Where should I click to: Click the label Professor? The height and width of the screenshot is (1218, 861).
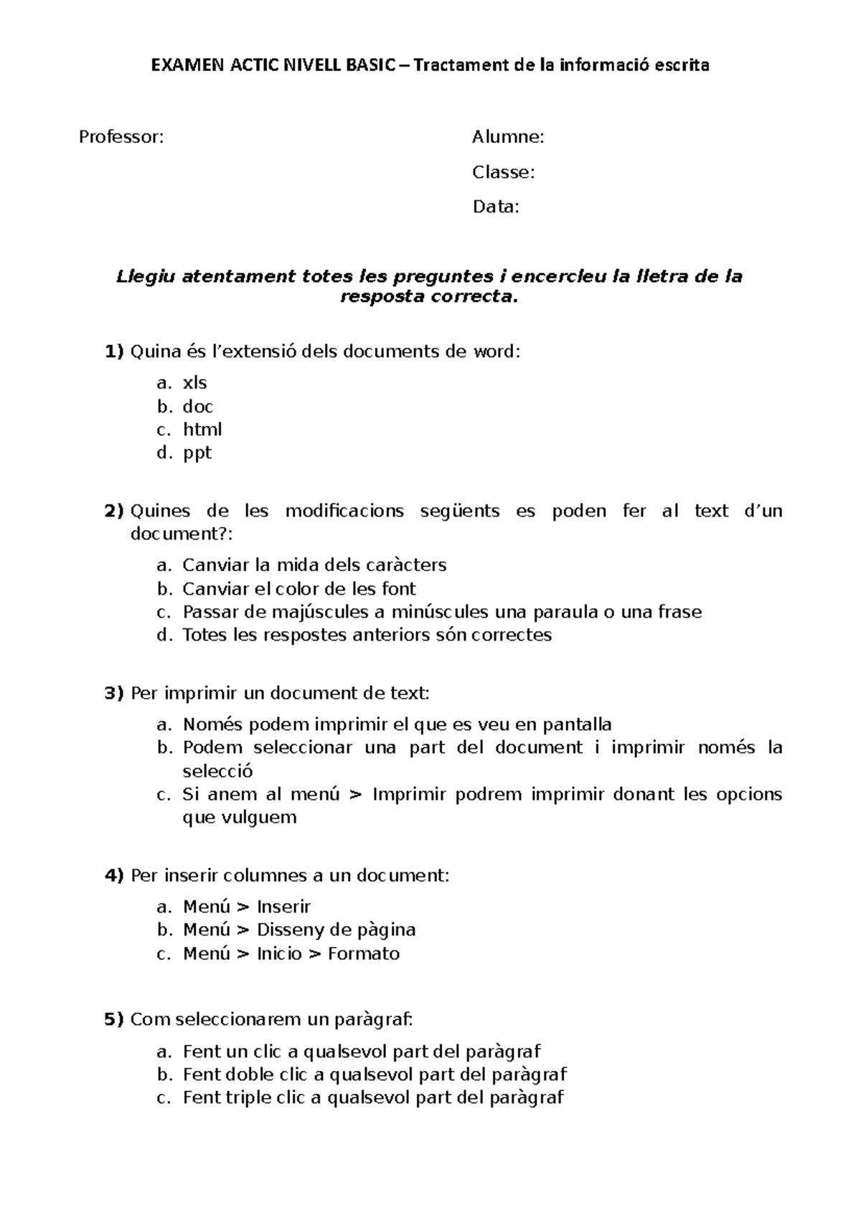click(121, 137)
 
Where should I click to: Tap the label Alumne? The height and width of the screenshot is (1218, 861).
click(508, 137)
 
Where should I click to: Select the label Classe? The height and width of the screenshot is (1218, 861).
click(503, 172)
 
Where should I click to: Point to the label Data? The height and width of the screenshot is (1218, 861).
click(495, 207)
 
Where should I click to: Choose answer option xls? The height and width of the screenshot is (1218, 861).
click(195, 383)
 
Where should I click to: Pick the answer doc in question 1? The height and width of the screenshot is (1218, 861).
click(198, 407)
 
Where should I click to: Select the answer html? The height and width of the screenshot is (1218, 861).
click(202, 430)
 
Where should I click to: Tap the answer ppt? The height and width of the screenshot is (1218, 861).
click(197, 453)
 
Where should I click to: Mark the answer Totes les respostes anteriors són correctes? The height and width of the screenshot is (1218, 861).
click(367, 635)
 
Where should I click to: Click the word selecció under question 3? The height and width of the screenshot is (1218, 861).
click(218, 771)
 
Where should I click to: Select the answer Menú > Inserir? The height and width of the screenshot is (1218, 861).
click(247, 907)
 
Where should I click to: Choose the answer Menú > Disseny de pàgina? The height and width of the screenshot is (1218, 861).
click(299, 930)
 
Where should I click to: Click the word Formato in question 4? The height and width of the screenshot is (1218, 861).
click(364, 954)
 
